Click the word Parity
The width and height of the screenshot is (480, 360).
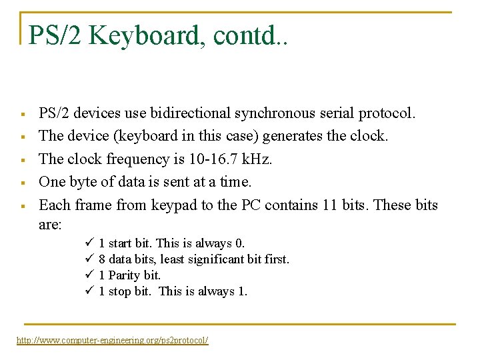[126, 275]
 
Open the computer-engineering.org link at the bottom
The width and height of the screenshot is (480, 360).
[112, 341]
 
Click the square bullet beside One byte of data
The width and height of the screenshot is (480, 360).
[23, 183]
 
